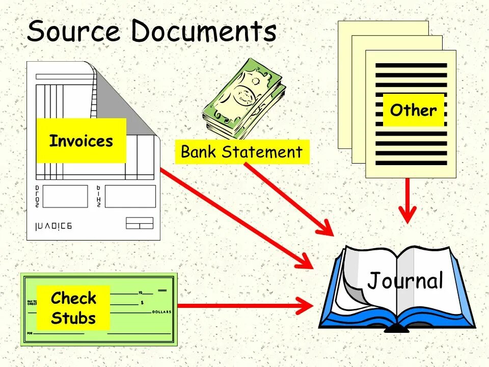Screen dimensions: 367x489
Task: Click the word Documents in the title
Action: tap(204, 32)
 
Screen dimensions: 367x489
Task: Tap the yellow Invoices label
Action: tap(81, 141)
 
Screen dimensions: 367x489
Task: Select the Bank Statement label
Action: tap(241, 152)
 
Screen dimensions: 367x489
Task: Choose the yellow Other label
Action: tap(413, 110)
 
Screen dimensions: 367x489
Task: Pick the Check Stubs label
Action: tap(73, 308)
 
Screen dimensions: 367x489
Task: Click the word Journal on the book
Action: tap(405, 280)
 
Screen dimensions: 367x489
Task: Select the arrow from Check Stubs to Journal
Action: tap(244, 306)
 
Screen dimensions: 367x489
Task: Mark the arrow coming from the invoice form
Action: tap(234, 217)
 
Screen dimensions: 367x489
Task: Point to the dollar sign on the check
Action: tap(142, 303)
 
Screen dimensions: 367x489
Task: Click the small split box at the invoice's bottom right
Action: tap(139, 223)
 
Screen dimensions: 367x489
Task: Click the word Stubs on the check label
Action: tap(73, 318)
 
